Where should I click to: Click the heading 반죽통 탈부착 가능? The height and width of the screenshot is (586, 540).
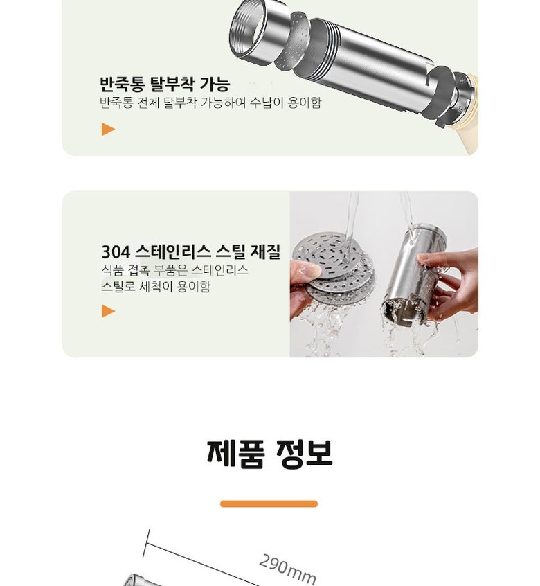165,84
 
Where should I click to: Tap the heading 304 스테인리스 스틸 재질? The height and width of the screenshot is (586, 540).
191,251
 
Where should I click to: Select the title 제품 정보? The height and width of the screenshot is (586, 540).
269,454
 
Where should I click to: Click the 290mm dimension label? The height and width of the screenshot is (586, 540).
287,569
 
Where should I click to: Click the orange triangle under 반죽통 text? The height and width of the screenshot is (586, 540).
108,130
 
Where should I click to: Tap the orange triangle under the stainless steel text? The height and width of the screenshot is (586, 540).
108,311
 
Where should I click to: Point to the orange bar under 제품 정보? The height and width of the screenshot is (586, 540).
269,504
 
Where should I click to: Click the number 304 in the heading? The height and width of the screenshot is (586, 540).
116,252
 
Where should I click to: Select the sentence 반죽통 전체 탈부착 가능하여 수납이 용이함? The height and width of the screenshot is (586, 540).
210,103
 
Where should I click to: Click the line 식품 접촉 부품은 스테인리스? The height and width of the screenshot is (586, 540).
174,270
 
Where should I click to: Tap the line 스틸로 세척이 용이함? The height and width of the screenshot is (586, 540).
156,286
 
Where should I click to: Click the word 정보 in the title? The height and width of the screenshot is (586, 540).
304,454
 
